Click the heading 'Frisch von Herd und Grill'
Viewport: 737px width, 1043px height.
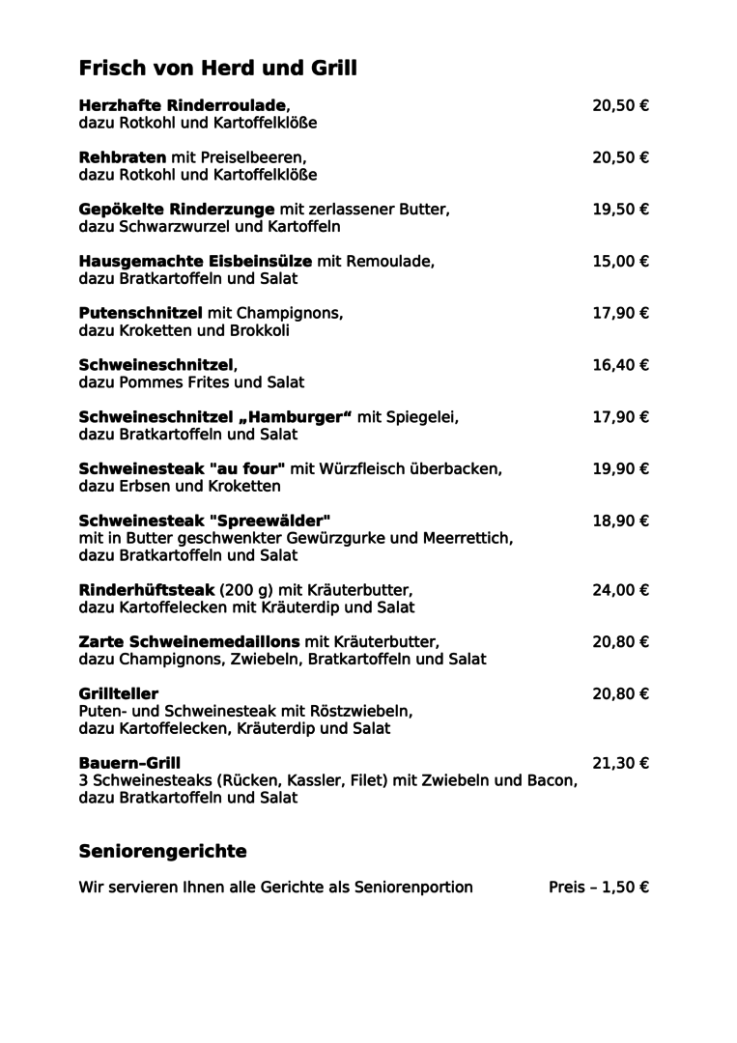pyautogui.click(x=217, y=69)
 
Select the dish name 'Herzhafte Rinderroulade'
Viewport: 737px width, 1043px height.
pyautogui.click(x=183, y=105)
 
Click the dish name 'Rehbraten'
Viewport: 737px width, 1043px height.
pyautogui.click(x=122, y=157)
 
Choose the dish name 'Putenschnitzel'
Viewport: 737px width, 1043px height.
pyautogui.click(x=140, y=314)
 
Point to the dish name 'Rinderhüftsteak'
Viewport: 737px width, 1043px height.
pyautogui.click(x=146, y=591)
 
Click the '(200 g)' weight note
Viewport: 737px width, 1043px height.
pyautogui.click(x=247, y=591)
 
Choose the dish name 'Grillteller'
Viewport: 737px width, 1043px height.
pyautogui.click(x=118, y=694)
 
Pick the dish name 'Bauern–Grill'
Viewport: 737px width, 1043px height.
pyautogui.click(x=129, y=764)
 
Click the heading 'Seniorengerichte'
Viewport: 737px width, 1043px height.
pyautogui.click(x=162, y=852)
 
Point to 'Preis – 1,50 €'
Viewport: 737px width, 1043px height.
pyautogui.click(x=598, y=888)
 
